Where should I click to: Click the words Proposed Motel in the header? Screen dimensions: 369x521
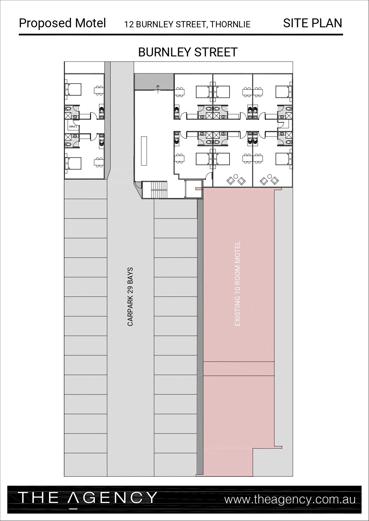tap(62, 23)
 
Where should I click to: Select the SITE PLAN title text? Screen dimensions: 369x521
tap(313, 23)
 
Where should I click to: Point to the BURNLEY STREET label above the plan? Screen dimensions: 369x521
tap(188, 52)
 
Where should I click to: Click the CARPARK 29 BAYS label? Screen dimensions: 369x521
tap(130, 297)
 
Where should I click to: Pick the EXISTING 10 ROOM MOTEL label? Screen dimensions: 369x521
tap(237, 284)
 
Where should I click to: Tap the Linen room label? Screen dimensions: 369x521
tap(73, 126)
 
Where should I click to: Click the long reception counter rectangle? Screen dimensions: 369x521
tap(144, 151)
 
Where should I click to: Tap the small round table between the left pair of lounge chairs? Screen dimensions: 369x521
tap(236, 176)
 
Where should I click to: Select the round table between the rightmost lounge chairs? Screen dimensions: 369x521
tap(270, 176)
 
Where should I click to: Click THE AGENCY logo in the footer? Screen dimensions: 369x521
tap(88, 498)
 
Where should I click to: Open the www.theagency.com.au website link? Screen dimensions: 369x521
tap(290, 499)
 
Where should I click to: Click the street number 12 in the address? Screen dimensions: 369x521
tap(128, 24)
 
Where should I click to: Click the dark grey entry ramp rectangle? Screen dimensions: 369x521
tap(154, 82)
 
